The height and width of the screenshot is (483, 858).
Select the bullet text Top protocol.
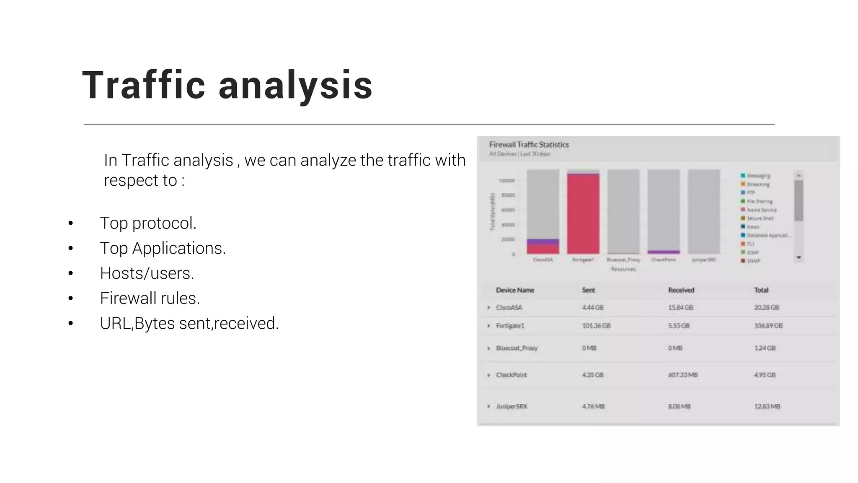(x=148, y=223)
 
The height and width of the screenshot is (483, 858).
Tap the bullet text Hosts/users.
(x=147, y=273)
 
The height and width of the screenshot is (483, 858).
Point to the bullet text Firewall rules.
(x=150, y=299)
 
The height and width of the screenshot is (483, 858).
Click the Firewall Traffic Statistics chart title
(x=529, y=145)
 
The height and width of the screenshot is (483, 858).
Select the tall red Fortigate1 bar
(x=583, y=214)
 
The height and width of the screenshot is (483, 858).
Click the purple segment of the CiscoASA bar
(x=543, y=241)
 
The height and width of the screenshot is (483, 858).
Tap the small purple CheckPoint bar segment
(x=664, y=252)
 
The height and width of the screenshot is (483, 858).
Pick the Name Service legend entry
(x=761, y=210)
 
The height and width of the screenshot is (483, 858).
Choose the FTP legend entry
(x=751, y=192)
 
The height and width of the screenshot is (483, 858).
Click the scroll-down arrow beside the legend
(x=799, y=257)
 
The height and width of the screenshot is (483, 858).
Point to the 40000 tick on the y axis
(x=508, y=225)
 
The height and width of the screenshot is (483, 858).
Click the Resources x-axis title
(x=623, y=269)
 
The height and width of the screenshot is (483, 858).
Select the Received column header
(x=681, y=290)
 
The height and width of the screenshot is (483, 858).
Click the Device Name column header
(x=514, y=290)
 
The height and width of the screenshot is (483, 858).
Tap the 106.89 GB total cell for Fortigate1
(x=768, y=326)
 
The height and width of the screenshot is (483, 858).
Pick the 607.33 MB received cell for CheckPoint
(x=682, y=375)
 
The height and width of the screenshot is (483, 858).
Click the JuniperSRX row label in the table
(x=511, y=406)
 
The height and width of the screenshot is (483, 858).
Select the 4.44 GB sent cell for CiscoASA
(x=592, y=307)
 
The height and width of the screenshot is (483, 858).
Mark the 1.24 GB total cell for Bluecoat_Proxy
(x=765, y=348)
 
